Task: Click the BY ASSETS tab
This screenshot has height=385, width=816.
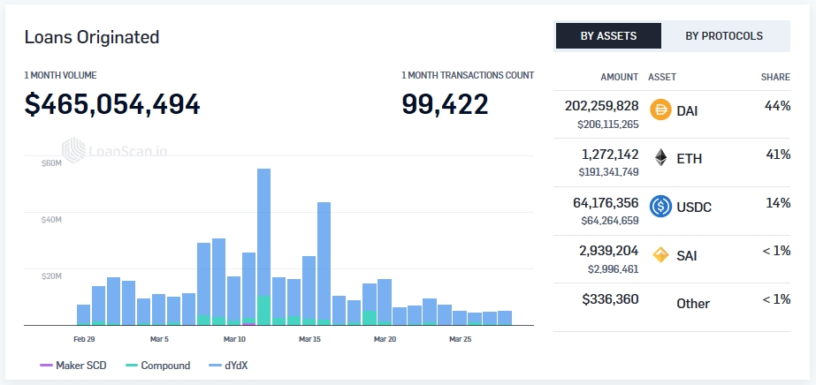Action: (608, 36)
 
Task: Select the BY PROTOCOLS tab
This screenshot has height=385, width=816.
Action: (724, 36)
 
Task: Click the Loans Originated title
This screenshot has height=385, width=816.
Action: (92, 37)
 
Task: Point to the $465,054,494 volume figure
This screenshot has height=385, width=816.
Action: (112, 104)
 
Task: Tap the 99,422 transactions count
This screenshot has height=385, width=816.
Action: (445, 104)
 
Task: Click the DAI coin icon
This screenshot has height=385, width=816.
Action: (660, 109)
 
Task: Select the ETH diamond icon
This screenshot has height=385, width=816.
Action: (660, 158)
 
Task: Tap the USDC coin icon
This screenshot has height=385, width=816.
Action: (660, 207)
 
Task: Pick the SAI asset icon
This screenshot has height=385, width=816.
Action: (660, 255)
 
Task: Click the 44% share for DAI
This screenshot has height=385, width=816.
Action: (777, 105)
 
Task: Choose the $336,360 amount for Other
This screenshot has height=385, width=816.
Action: (610, 299)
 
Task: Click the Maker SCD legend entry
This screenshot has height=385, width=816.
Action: (73, 366)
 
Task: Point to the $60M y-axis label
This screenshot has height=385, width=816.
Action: (51, 163)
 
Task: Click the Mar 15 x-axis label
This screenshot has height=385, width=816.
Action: (309, 338)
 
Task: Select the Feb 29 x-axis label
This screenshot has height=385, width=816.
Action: (85, 338)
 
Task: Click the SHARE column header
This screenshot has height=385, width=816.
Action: (775, 77)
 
